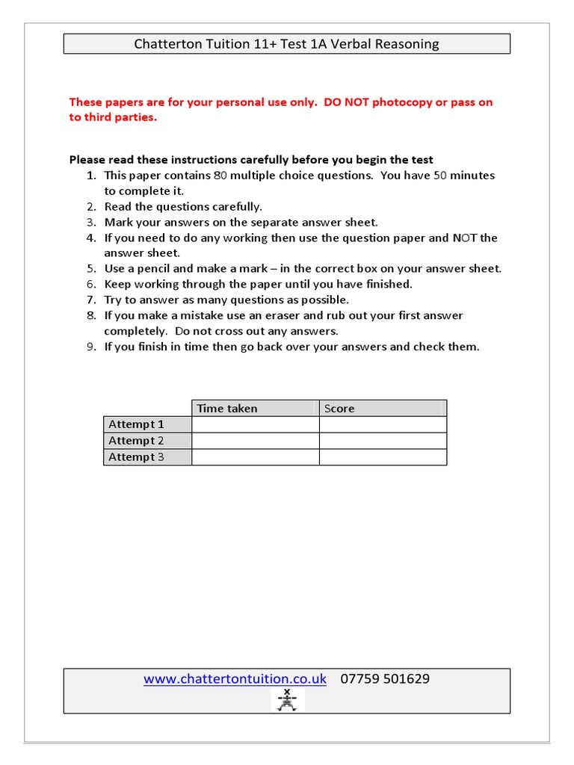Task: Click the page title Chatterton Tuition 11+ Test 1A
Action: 286,44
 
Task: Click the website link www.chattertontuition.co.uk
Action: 235,679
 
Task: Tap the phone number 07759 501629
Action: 385,679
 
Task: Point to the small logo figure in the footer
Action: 287,701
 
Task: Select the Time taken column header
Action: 227,409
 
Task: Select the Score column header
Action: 339,409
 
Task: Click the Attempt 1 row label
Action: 136,424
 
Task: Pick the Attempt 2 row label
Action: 136,441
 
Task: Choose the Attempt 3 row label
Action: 136,457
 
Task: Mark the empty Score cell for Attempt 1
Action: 383,424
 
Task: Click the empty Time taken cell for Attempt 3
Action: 255,457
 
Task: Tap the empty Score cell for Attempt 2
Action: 383,441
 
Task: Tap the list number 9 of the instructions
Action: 90,347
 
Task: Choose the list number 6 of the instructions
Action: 90,285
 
